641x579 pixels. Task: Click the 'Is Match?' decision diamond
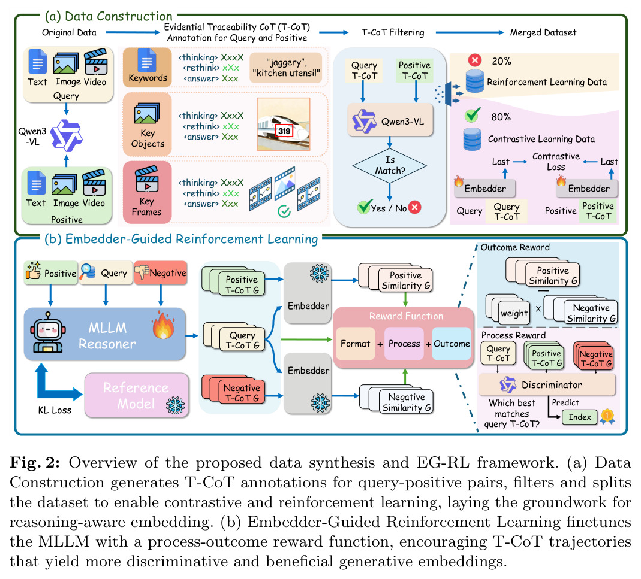(389, 165)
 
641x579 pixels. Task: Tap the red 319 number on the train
(284, 131)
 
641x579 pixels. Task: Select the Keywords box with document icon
(147, 67)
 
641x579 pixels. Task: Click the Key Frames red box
(147, 192)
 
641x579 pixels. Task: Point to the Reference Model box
(137, 395)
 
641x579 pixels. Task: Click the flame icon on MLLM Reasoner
(163, 325)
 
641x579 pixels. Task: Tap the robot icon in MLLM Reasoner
(48, 333)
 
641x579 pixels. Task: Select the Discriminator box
(547, 384)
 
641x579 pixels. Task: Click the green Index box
(580, 417)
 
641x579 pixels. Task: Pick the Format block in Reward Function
(355, 344)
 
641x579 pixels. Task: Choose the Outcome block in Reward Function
(452, 344)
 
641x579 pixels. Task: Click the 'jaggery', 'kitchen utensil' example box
(286, 68)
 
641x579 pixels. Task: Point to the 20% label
(502, 61)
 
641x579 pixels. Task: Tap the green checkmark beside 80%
(473, 115)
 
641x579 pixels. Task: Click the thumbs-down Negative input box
(161, 273)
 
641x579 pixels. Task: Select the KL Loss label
(55, 410)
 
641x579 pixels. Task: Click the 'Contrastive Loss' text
(556, 162)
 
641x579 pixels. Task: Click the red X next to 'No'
(414, 207)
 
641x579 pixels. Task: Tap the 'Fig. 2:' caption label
(35, 463)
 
